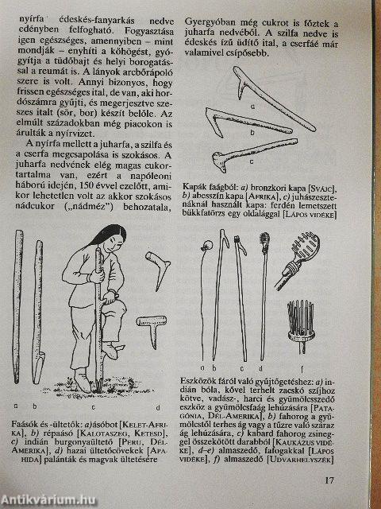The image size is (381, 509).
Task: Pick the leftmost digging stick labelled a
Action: point(17,310)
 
